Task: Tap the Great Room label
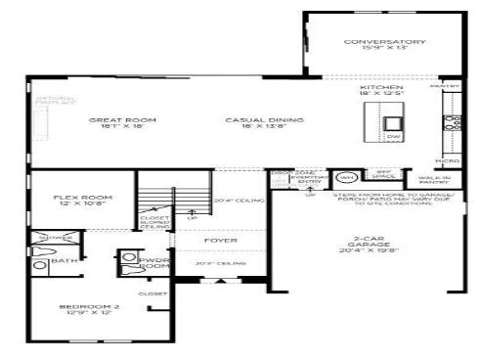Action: tap(122, 123)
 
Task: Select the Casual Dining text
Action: tap(251, 123)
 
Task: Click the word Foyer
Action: tap(214, 240)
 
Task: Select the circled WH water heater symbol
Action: tap(346, 178)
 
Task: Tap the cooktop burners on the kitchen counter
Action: tap(453, 123)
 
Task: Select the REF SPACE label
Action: tap(384, 175)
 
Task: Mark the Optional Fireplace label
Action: tap(56, 102)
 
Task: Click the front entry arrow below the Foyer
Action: tap(219, 284)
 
